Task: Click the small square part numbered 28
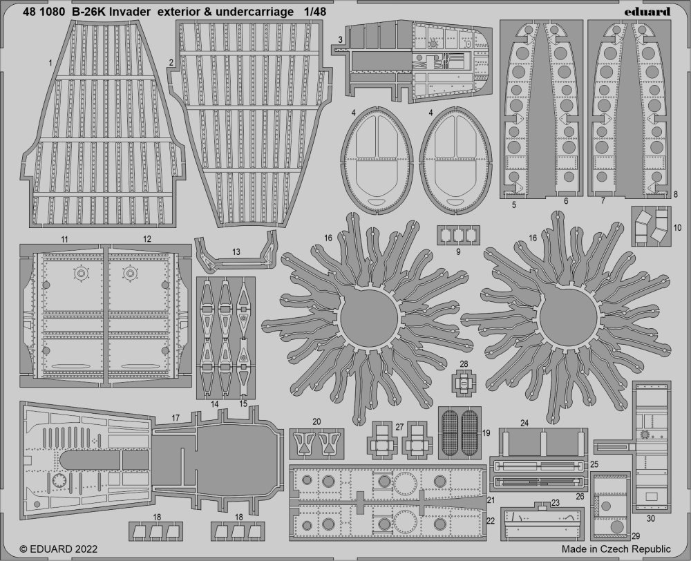tap(464, 378)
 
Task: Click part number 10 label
tap(677, 227)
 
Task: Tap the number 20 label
tap(316, 421)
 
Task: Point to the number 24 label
tap(524, 423)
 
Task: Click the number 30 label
tap(652, 518)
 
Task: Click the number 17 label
tap(176, 418)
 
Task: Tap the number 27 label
tap(399, 428)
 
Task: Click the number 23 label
tap(536, 504)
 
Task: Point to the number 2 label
tap(170, 62)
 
